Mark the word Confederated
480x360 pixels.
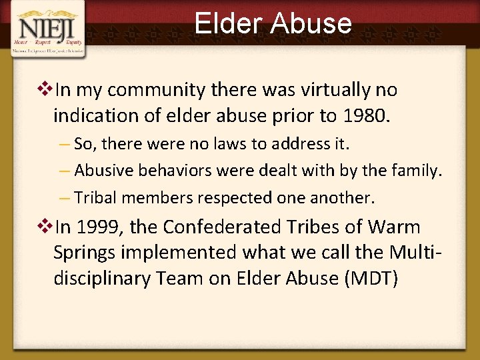(x=241, y=227)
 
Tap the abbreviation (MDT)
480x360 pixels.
(x=370, y=278)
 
